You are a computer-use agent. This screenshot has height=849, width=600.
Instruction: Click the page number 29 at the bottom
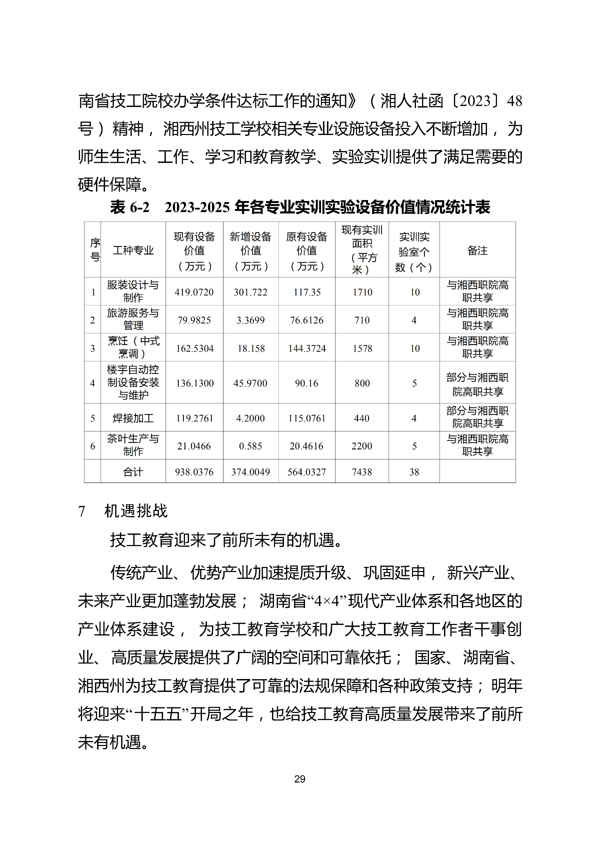point(299,779)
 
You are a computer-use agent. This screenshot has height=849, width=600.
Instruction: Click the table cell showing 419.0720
point(194,292)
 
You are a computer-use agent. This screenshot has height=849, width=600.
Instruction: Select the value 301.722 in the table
point(250,292)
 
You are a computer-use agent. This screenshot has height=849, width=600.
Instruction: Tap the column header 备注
point(477,250)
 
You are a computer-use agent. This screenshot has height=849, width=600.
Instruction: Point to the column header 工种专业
point(133,250)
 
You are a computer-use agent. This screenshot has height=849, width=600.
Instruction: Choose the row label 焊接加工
point(133,418)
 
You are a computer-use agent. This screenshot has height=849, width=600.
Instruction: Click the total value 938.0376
point(194,472)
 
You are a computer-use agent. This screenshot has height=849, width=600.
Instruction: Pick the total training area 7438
point(362,472)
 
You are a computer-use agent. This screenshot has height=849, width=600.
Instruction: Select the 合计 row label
point(133,472)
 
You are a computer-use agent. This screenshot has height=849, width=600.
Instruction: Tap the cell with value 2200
point(362,446)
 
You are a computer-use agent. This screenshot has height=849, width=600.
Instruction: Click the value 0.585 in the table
point(250,446)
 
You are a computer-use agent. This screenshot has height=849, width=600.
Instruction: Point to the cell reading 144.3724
point(307,348)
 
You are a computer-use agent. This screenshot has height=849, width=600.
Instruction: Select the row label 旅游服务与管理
point(133,319)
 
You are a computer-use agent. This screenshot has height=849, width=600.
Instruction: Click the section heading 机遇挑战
point(136,511)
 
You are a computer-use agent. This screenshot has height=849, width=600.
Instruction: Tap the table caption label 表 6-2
point(129,207)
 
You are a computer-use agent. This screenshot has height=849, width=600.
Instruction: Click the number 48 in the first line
point(514,101)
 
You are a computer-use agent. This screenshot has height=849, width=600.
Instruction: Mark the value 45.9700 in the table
point(250,383)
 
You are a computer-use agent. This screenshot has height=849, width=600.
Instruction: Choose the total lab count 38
point(414,472)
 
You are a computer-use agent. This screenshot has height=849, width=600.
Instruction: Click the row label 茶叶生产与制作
point(133,445)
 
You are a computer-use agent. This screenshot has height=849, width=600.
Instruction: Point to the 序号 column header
point(95,250)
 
